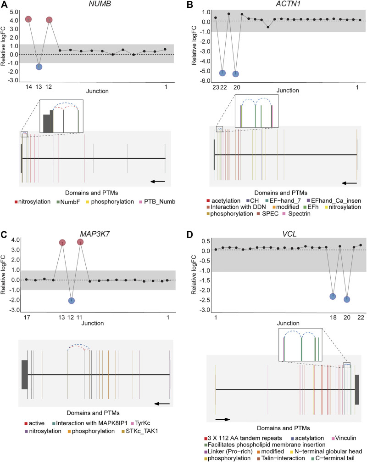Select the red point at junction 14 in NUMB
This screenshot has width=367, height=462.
pos(28,19)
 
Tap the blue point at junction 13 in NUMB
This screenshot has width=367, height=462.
pos(39,67)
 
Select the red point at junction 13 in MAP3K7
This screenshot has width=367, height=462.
pos(62,242)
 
